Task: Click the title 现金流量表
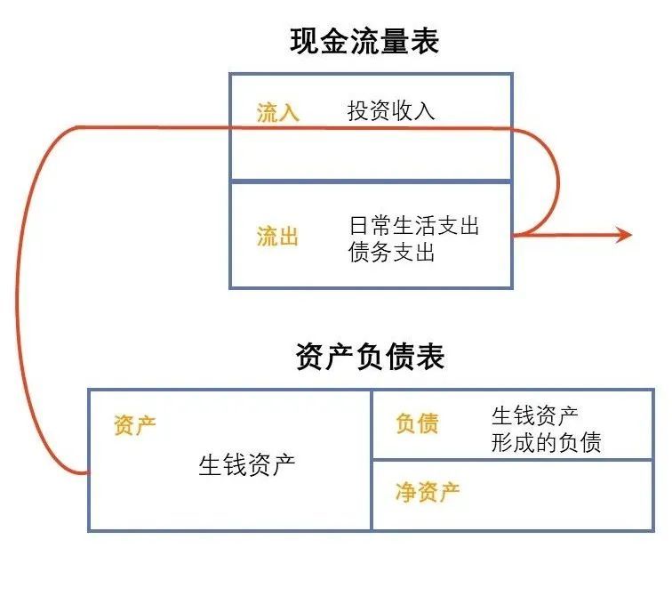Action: point(364,41)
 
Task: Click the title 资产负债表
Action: point(370,357)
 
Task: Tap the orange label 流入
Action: point(277,113)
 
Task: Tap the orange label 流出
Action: point(277,237)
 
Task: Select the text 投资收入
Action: point(391,111)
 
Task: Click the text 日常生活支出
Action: point(414,226)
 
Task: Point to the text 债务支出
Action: point(392,253)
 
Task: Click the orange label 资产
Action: point(135,425)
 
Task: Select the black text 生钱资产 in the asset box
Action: point(246,465)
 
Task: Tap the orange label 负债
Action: point(417,423)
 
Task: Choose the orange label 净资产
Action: point(428,491)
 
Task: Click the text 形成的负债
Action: point(546,442)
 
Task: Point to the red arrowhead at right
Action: point(624,235)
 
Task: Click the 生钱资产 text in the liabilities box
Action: point(534,415)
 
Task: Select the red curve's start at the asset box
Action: point(87,473)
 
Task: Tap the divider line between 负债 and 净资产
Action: point(512,460)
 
